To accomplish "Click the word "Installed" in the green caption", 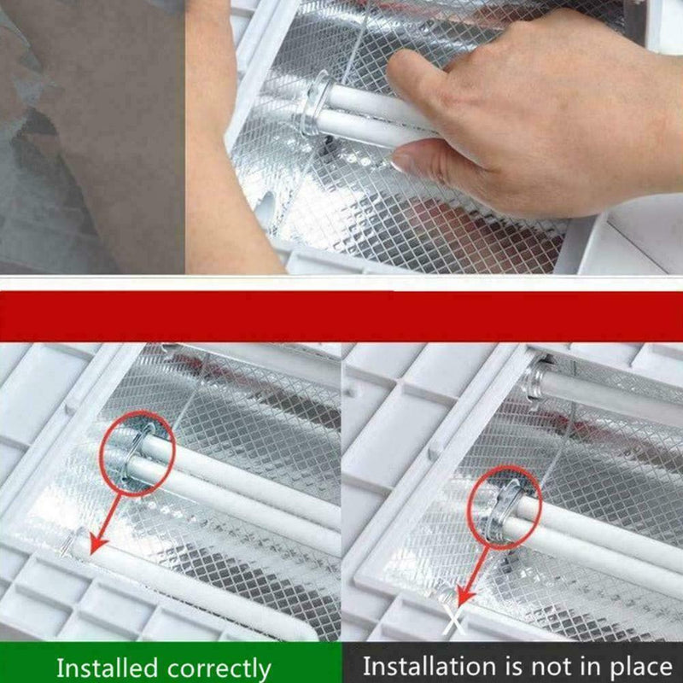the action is click(107, 667).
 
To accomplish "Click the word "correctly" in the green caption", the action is click(219, 668).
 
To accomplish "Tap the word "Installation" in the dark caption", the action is click(429, 666).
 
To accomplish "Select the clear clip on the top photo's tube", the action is click(317, 103).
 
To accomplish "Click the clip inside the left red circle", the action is click(137, 454).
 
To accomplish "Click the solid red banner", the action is click(341, 316).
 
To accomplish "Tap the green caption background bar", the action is click(171, 663).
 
